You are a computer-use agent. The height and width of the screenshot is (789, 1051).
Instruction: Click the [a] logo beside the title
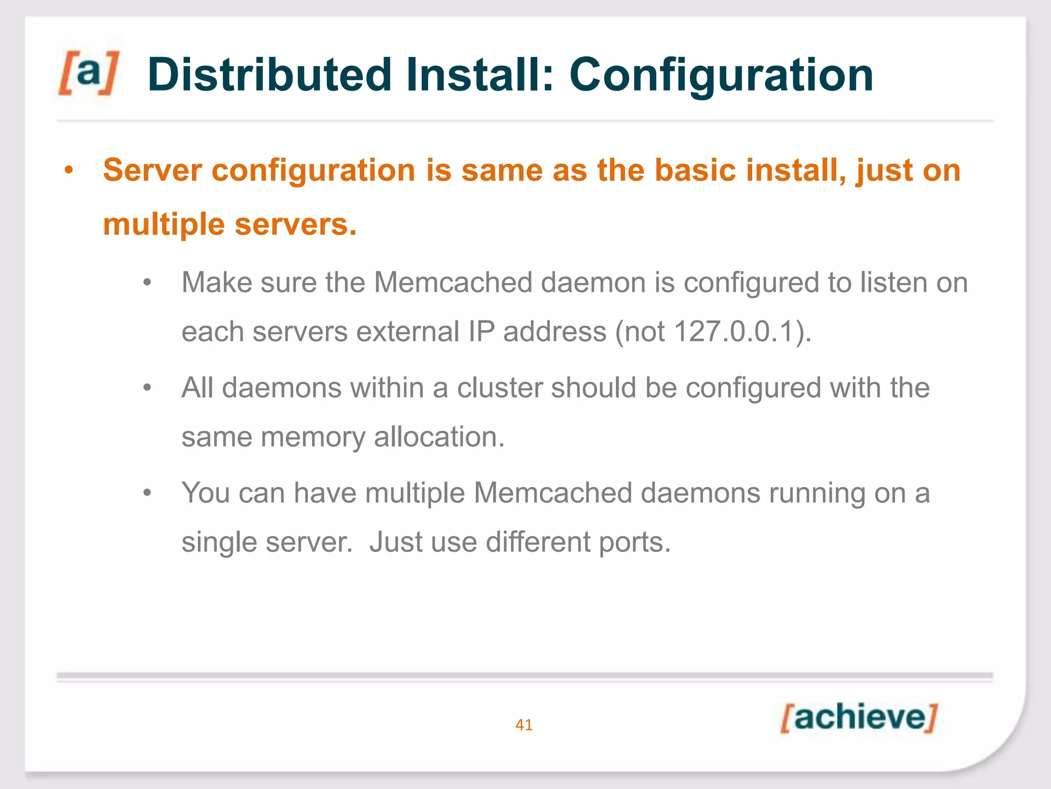point(88,73)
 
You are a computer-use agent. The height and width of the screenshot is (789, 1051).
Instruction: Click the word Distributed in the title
point(269,75)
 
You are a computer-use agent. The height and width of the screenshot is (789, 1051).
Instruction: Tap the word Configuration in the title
point(721,75)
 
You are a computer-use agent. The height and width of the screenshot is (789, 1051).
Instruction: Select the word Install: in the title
point(480,75)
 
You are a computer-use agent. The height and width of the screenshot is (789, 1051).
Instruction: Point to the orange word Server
point(152,170)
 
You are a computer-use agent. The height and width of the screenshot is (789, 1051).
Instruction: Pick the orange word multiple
point(164,224)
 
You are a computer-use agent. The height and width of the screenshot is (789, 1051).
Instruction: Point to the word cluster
point(499,388)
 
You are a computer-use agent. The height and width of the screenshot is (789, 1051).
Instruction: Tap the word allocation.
point(439,437)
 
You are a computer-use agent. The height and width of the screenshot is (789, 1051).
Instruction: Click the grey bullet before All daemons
point(147,388)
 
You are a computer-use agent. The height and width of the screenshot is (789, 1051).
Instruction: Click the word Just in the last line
point(396,542)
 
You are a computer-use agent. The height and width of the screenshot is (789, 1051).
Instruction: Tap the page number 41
point(524,725)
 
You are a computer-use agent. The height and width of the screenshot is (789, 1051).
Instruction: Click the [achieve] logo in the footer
point(859,718)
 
